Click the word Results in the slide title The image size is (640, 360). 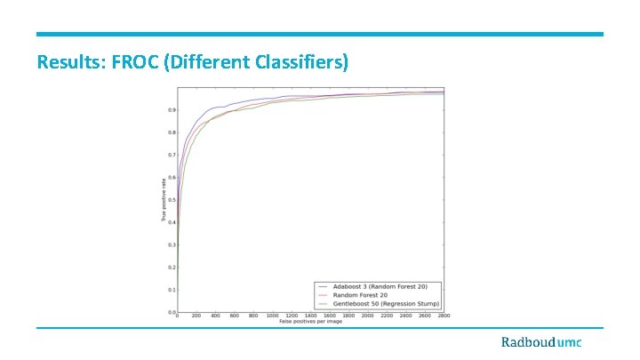click(68, 63)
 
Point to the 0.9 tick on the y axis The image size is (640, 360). click(171, 110)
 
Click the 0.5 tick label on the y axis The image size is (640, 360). click(171, 200)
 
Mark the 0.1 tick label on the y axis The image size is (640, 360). click(171, 290)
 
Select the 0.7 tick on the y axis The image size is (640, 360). click(171, 155)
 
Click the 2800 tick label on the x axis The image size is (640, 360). click(442, 316)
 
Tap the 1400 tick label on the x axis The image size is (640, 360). click(310, 316)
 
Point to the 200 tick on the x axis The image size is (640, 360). click(196, 316)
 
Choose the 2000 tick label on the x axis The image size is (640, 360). click(367, 316)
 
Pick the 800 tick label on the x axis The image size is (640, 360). click(253, 316)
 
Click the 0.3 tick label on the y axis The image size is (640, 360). click(171, 244)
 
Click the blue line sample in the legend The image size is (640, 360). click(324, 286)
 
